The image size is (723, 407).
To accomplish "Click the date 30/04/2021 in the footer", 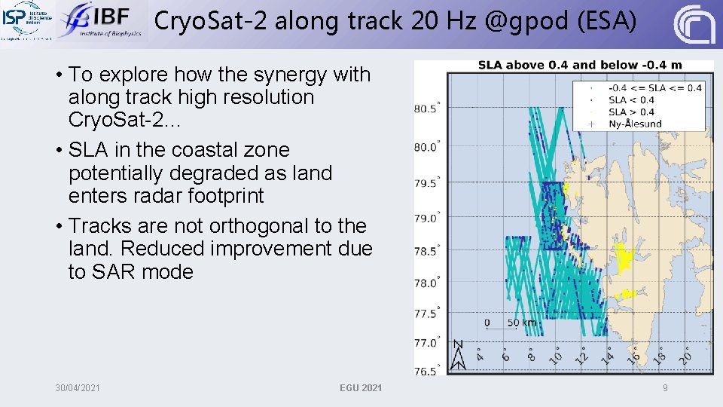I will click(x=78, y=387).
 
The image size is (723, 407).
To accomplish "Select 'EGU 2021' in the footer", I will click(x=361, y=387).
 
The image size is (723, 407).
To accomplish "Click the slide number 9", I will click(x=665, y=387).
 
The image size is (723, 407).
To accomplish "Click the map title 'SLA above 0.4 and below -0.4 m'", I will click(x=579, y=65).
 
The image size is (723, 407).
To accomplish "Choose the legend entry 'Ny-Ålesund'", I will click(x=635, y=124).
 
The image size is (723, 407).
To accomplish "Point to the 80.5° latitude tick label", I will click(x=426, y=109).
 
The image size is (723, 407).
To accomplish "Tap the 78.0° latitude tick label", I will click(x=426, y=283).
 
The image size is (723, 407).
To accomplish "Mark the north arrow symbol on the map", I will click(x=458, y=355).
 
